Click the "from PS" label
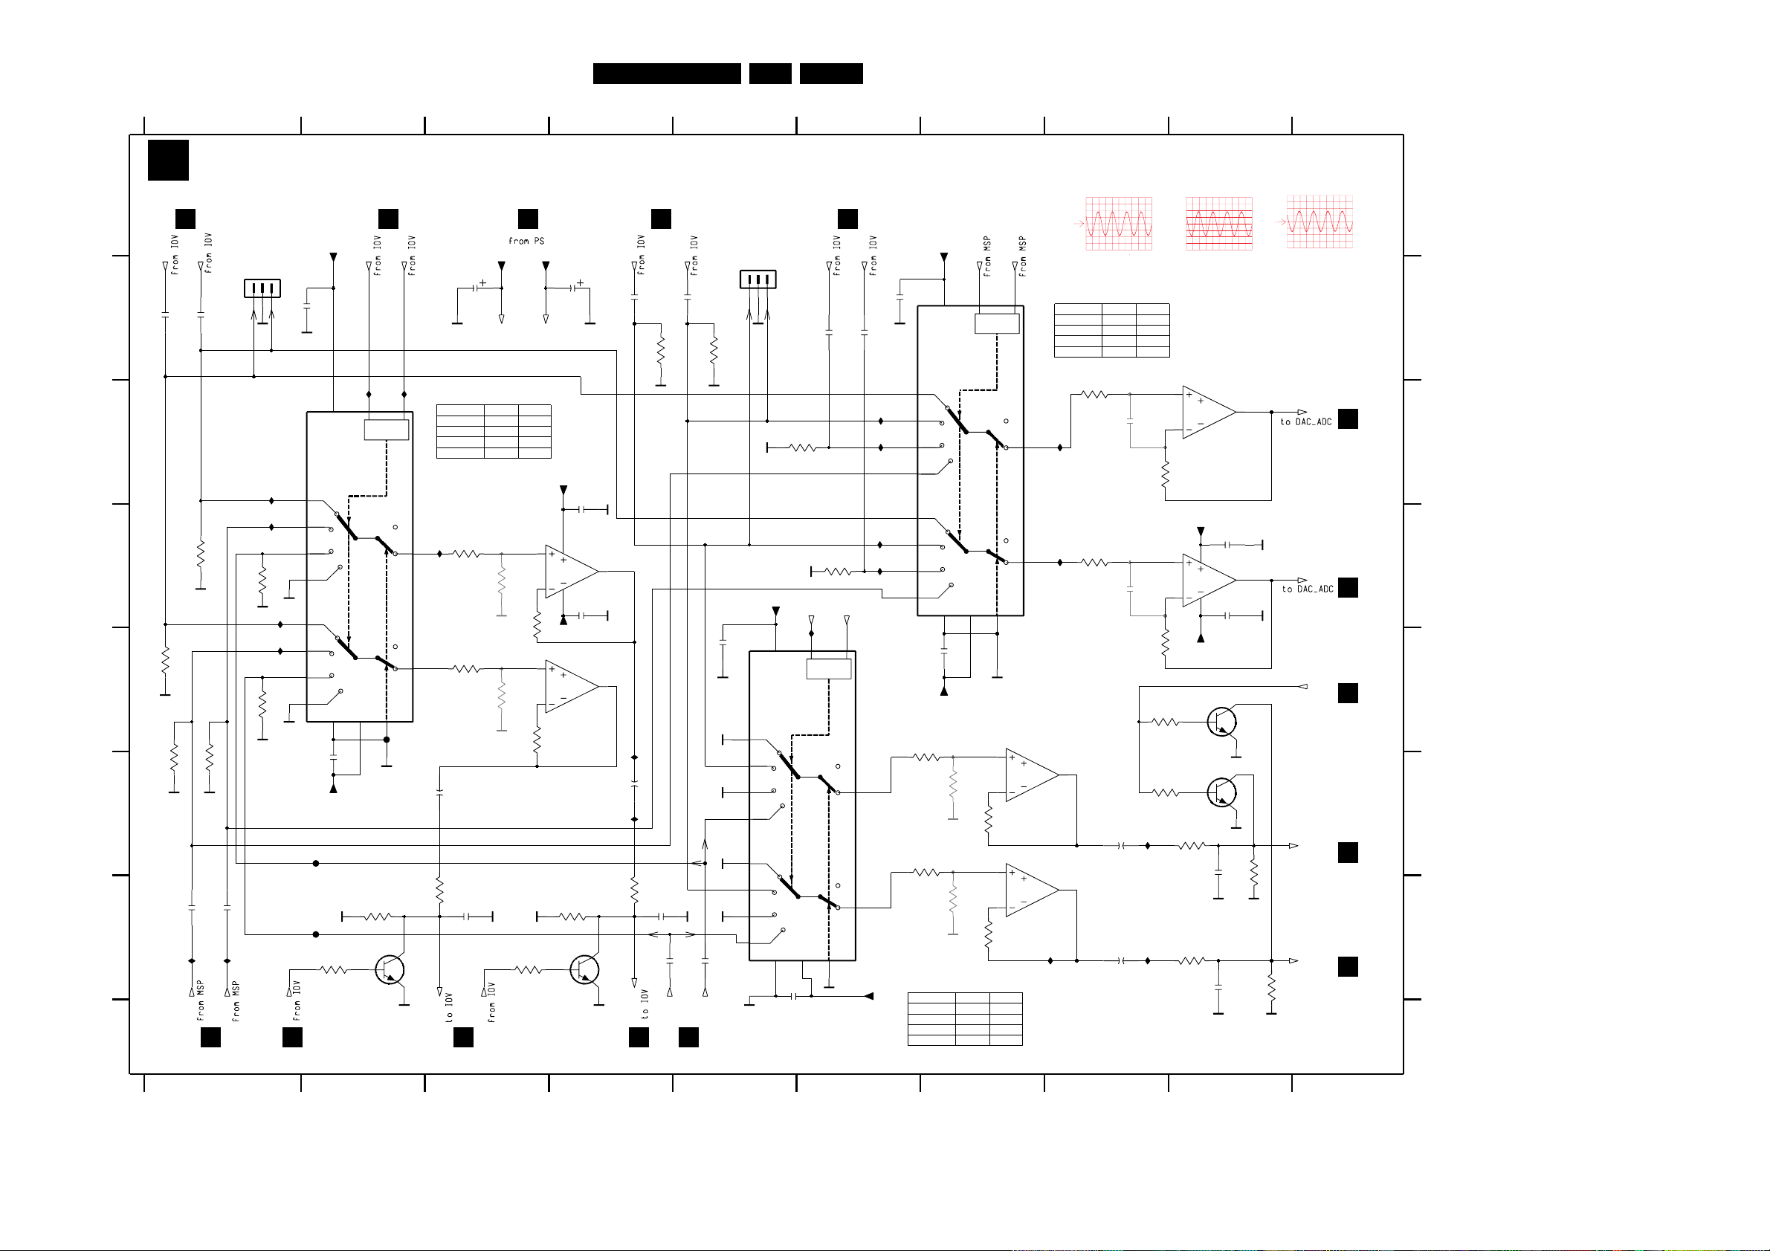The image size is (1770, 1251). (x=526, y=242)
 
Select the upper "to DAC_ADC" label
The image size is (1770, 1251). (x=1306, y=421)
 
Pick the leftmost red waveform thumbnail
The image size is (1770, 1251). (x=1119, y=224)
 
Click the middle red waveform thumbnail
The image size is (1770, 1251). (x=1219, y=224)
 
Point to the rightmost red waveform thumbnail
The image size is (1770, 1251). (x=1319, y=222)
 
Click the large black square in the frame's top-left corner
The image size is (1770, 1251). (x=168, y=161)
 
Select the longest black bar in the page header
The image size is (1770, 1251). (x=667, y=74)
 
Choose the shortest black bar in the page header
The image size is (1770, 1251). (x=770, y=74)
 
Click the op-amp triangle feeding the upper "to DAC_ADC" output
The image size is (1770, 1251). (x=1207, y=413)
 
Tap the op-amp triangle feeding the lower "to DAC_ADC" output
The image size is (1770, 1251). (x=1207, y=580)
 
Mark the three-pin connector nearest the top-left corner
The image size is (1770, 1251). (x=262, y=288)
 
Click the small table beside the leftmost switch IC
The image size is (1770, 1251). (x=494, y=431)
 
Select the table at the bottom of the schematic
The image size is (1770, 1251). (x=965, y=1019)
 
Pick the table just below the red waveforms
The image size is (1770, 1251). (x=1111, y=330)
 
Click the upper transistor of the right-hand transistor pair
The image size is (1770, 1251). (x=1222, y=723)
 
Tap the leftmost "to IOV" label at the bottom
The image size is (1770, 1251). (x=450, y=1006)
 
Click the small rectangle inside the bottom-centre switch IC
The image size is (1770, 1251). (x=829, y=669)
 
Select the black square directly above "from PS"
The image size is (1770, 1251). (x=528, y=219)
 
